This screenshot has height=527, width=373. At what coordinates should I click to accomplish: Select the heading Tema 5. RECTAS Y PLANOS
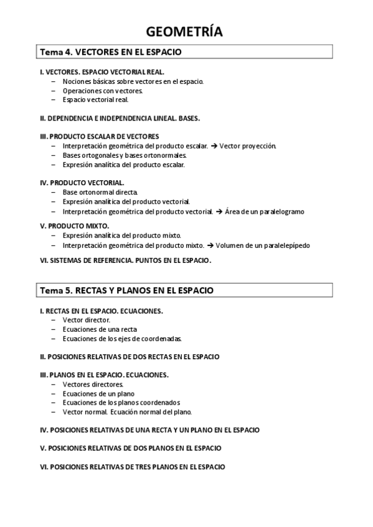tap(126, 290)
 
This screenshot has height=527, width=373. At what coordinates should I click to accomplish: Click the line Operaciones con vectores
tap(102, 90)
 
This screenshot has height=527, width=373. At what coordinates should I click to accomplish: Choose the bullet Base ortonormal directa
tap(100, 193)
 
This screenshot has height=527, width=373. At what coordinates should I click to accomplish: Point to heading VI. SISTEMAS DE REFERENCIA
tap(125, 261)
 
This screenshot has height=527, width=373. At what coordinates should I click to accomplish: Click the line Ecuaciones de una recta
tap(100, 329)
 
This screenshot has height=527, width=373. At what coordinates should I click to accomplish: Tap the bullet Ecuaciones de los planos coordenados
tap(121, 402)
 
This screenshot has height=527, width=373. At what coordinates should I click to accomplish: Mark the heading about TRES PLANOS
tap(132, 466)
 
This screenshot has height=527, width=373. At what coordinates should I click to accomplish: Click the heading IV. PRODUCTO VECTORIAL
tap(82, 183)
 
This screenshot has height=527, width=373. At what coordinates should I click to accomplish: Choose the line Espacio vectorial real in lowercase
tap(95, 99)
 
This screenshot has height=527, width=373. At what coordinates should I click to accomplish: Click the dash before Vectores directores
tap(53, 384)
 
